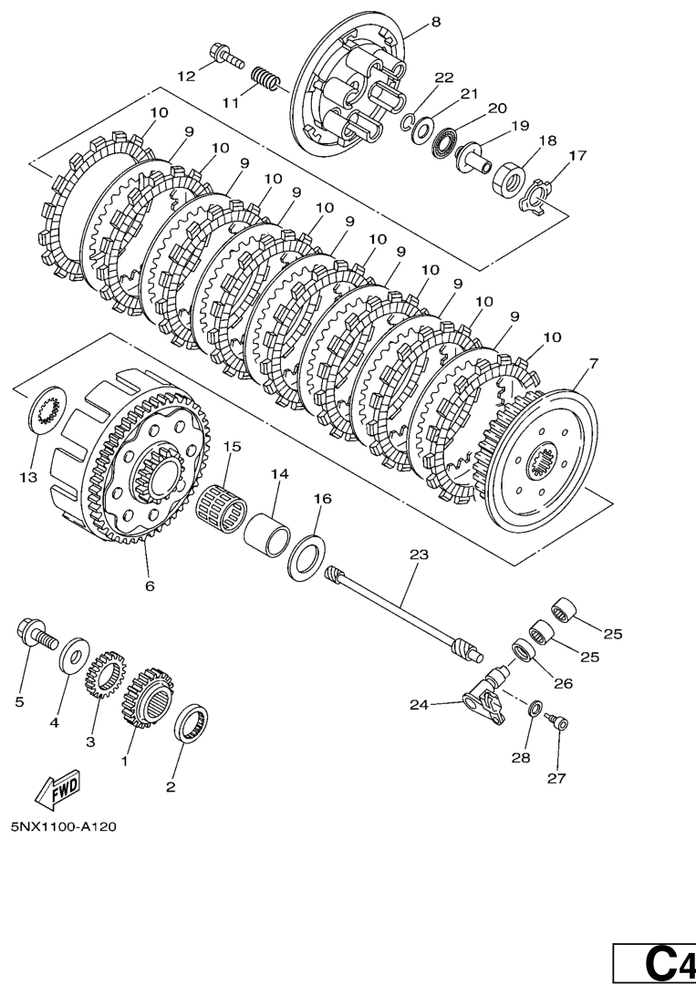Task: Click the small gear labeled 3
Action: pos(105,676)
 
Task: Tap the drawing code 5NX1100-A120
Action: pos(64,827)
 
